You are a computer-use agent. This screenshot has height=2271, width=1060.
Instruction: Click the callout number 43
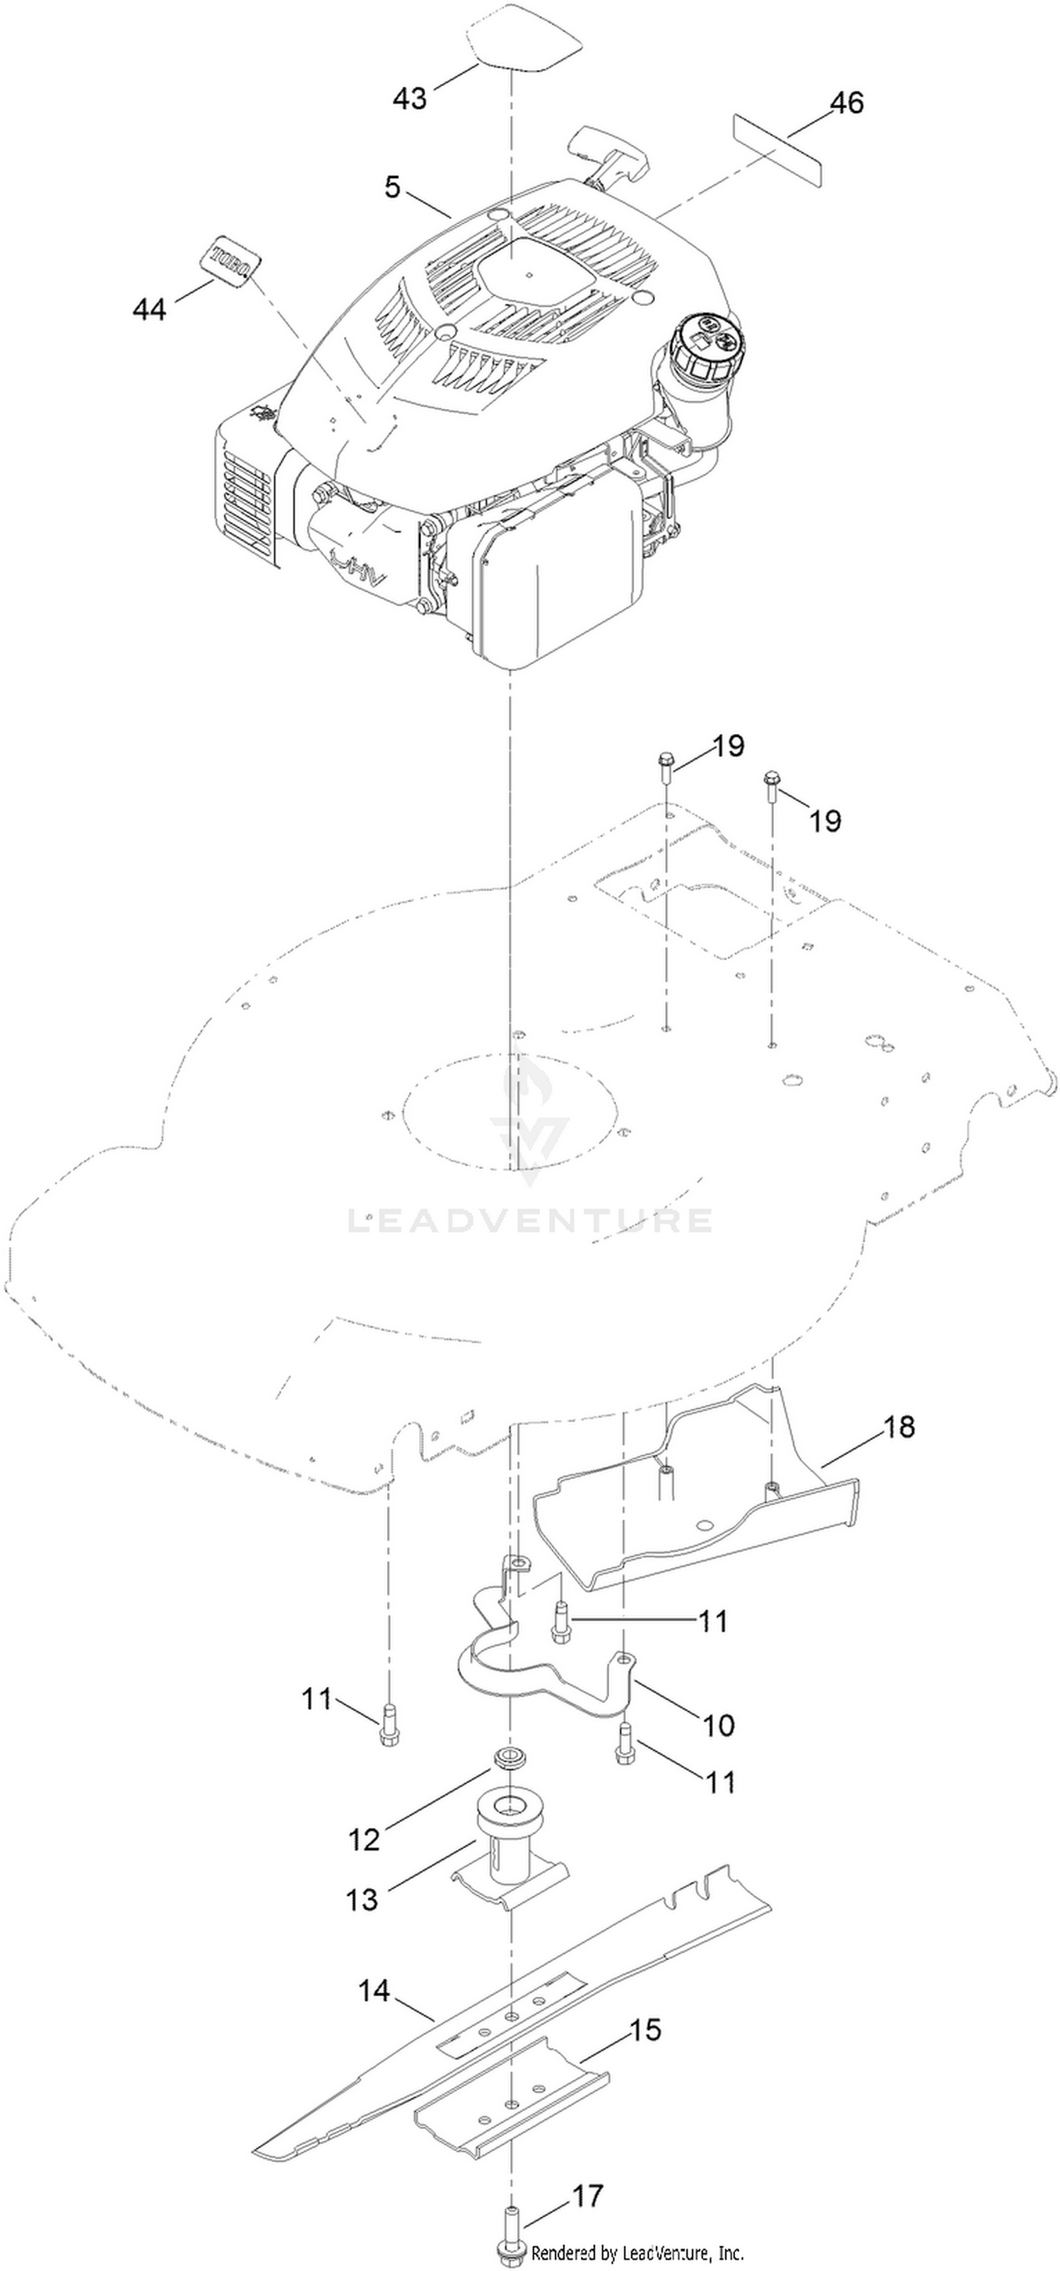point(410,98)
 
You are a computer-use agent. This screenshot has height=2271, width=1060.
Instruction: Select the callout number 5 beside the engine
point(392,187)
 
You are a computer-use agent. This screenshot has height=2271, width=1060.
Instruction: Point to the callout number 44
point(150,309)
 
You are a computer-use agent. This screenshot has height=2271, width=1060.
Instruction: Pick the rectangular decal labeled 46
point(777,150)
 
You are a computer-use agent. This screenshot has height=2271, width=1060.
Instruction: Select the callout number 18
point(899,1426)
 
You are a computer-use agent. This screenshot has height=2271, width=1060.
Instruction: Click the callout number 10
point(719,1724)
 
